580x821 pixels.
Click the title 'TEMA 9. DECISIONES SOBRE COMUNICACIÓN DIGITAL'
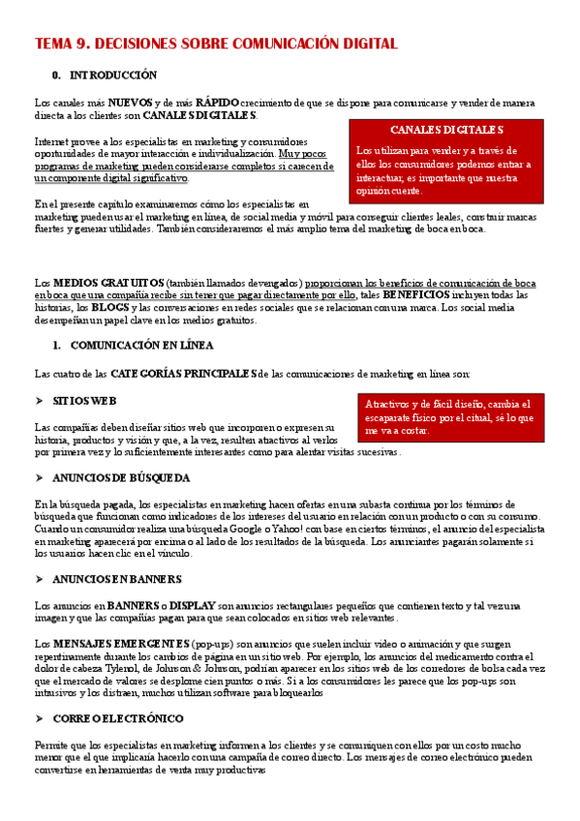(x=216, y=44)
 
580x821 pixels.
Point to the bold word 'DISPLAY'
(x=218, y=605)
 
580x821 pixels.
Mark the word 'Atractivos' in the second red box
(x=388, y=404)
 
